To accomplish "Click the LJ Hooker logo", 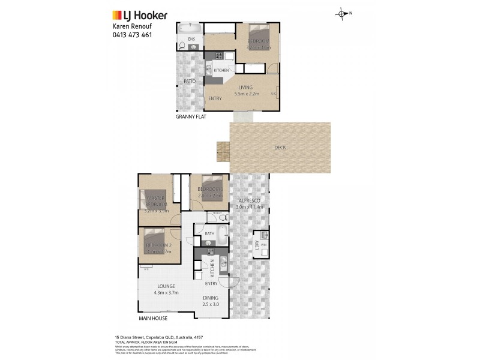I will (140, 16).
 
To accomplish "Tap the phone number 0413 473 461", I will (132, 35).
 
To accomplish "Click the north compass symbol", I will (342, 13).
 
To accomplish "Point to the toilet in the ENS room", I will (182, 45).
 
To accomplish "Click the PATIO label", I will (190, 81).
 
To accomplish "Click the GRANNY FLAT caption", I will (191, 117).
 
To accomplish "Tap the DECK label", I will (280, 148).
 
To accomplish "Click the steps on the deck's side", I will (223, 151).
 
